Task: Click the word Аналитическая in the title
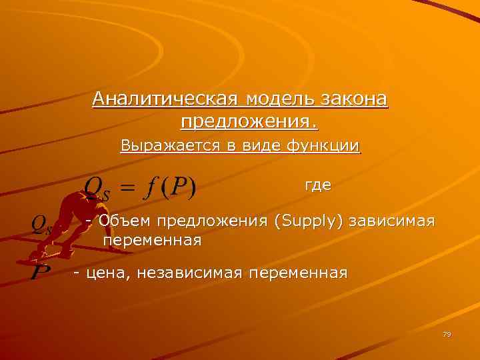tap(167, 100)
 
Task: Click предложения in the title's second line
tap(247, 123)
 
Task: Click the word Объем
tap(122, 221)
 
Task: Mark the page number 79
tap(447, 334)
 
